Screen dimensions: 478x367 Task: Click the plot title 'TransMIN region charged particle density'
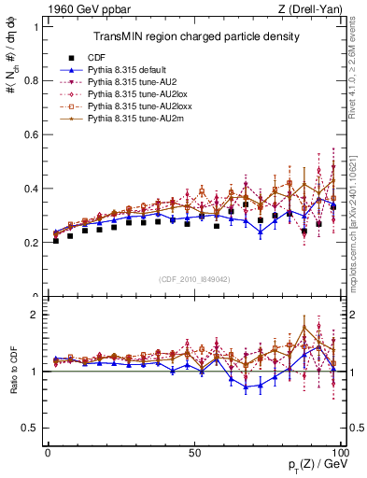(195, 36)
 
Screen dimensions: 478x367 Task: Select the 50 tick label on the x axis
(194, 452)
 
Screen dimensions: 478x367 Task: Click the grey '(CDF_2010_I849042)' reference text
(195, 278)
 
